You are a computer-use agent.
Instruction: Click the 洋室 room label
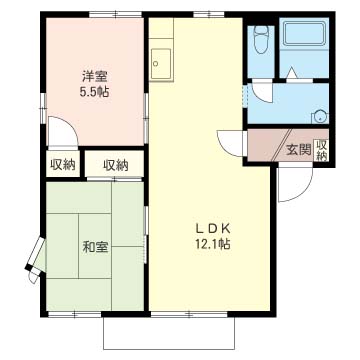pyautogui.click(x=96, y=75)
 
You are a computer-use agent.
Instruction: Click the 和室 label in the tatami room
pyautogui.click(x=96, y=246)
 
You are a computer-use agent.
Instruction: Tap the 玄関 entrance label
pyautogui.click(x=297, y=151)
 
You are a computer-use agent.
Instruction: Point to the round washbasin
pyautogui.click(x=318, y=113)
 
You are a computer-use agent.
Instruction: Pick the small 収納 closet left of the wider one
pyautogui.click(x=60, y=165)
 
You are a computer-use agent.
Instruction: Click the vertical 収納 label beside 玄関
pyautogui.click(x=321, y=150)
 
